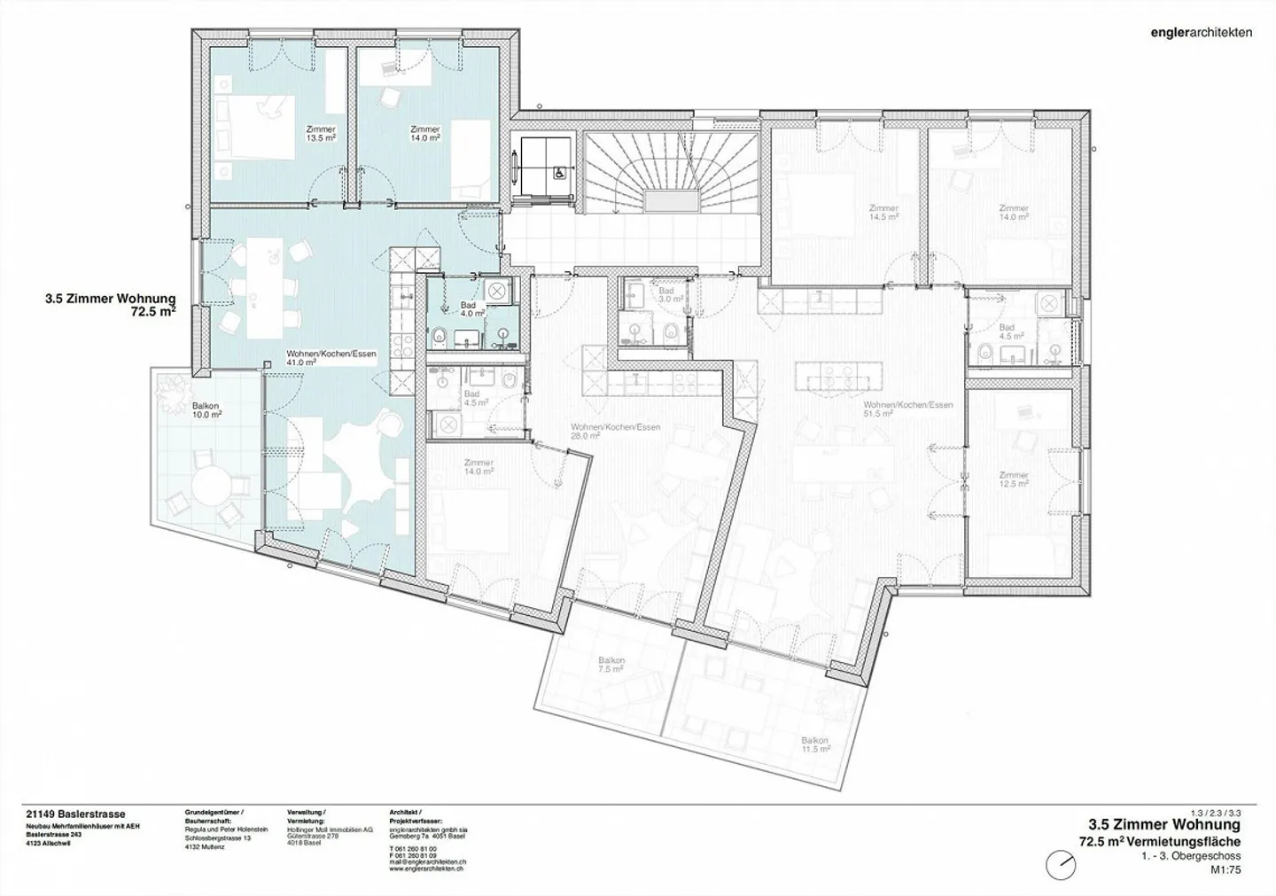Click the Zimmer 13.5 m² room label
[x=320, y=134]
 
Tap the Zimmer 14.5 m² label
[x=883, y=213]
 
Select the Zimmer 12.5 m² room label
[x=1014, y=479]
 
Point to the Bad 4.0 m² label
[x=471, y=309]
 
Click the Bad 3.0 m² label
[x=666, y=295]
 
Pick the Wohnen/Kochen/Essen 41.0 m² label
[x=331, y=358]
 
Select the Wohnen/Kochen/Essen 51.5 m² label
[x=908, y=409]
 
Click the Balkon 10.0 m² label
[x=206, y=410]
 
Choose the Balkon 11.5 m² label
[x=814, y=744]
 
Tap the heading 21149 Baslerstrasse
[x=76, y=814]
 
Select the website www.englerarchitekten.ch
[x=428, y=869]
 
